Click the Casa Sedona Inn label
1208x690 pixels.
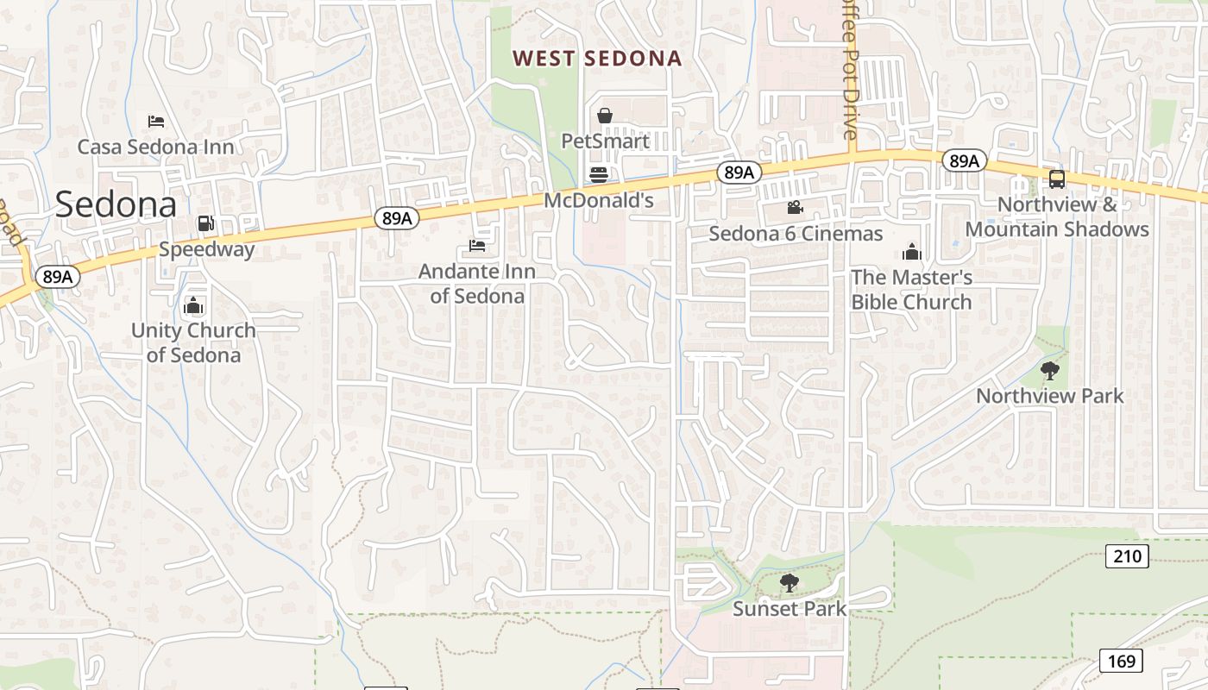(156, 147)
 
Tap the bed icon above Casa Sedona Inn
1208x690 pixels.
(155, 121)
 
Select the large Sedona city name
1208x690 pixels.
(116, 204)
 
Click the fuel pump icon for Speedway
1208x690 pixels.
(205, 223)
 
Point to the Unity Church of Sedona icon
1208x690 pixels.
(193, 305)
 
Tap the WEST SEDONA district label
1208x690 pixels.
(597, 59)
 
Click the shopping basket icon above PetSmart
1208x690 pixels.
(605, 116)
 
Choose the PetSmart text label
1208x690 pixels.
(605, 140)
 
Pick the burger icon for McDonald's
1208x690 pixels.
(599, 175)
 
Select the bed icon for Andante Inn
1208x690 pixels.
(477, 246)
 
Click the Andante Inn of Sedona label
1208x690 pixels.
(477, 284)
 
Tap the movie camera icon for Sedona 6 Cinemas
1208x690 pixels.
(795, 208)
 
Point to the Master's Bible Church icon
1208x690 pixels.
(912, 252)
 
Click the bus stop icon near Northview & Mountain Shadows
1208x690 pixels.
(1057, 179)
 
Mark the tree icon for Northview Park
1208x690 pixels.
(1050, 371)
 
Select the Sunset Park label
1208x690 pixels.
(789, 609)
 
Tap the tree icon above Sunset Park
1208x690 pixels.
(789, 584)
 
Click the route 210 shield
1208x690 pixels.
(1127, 556)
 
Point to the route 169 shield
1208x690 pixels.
(1121, 662)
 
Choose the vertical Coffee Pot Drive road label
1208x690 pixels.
(850, 69)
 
